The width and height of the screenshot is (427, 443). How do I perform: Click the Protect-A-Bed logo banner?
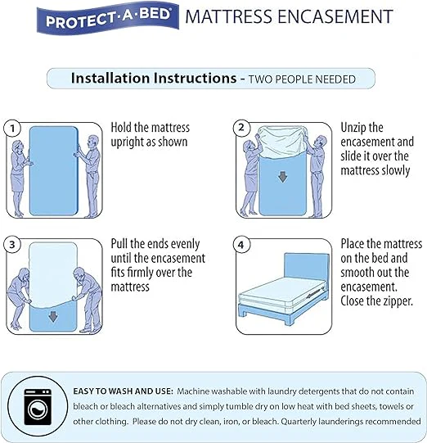coord(107,18)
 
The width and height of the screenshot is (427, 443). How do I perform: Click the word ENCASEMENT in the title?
coord(335,16)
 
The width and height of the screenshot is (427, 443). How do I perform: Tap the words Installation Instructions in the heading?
coord(154,78)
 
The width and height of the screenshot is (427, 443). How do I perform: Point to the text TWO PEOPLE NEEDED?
coord(302,79)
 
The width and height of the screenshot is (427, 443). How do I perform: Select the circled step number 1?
coord(12,129)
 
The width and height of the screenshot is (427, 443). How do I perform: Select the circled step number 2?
coord(241,128)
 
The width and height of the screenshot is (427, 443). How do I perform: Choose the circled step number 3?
coord(12,244)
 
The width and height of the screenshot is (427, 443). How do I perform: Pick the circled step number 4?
coord(241,244)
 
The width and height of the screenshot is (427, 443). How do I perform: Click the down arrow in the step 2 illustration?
coord(282,177)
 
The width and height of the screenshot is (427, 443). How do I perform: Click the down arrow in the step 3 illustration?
coord(53,316)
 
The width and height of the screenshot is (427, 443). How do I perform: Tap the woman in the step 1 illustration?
coord(19,179)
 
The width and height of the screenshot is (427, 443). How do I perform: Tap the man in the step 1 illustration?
coord(90,176)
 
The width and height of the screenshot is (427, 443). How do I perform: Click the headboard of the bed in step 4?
coord(307,271)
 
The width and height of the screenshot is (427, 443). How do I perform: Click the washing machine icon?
coord(38,407)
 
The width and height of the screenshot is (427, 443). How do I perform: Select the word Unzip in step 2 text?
coord(353,128)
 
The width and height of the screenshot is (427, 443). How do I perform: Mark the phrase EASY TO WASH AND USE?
coord(123,391)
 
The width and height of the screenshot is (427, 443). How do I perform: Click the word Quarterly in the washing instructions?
coord(299,422)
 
